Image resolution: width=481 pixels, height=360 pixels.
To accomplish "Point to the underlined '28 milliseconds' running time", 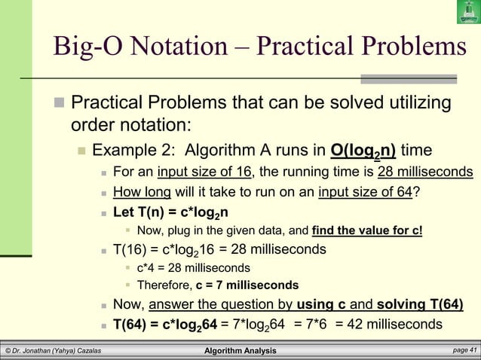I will click(x=425, y=171).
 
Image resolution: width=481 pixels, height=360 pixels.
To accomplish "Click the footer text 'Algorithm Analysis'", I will click(x=240, y=351).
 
